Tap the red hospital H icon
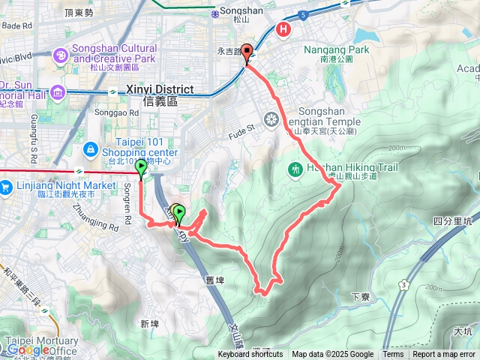pyautogui.click(x=284, y=30)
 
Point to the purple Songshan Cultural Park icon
pyautogui.click(x=60, y=55)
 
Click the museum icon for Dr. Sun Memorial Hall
pyautogui.click(x=58, y=92)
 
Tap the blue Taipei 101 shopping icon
pyautogui.click(x=89, y=150)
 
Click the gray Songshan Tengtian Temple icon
pyautogui.click(x=271, y=118)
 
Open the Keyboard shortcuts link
pyautogui.click(x=250, y=354)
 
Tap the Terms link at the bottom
pyautogui.click(x=393, y=354)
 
